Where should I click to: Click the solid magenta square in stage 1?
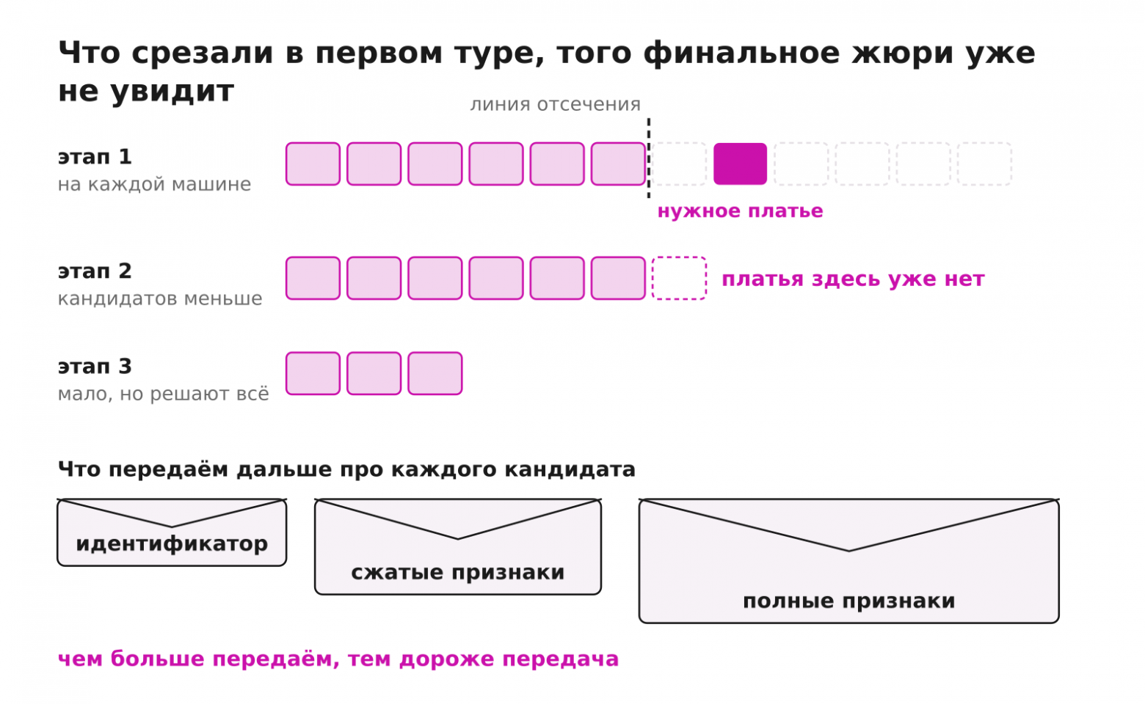[x=740, y=164]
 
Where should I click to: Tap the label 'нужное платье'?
[x=740, y=211]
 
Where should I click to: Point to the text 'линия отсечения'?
[x=555, y=104]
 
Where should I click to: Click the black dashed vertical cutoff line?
[x=649, y=158]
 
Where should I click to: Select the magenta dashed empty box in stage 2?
[x=680, y=278]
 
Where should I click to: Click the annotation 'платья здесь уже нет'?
[x=853, y=279]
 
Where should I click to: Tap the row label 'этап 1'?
[x=95, y=157]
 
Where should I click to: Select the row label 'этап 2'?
[x=95, y=271]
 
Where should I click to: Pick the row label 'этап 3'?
[x=95, y=367]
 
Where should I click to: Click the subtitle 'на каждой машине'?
[x=154, y=184]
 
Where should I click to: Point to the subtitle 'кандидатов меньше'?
[x=160, y=299]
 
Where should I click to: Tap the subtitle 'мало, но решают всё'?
[x=163, y=394]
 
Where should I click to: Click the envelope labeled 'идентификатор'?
[x=172, y=532]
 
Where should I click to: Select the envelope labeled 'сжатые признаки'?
[x=458, y=546]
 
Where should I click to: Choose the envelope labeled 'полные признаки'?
[x=849, y=561]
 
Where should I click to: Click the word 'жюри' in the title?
[x=902, y=53]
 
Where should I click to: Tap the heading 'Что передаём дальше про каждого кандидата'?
[x=346, y=469]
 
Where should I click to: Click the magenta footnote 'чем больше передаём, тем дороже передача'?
[x=338, y=659]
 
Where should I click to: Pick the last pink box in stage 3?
[x=435, y=373]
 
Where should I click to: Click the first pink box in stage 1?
[x=313, y=164]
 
